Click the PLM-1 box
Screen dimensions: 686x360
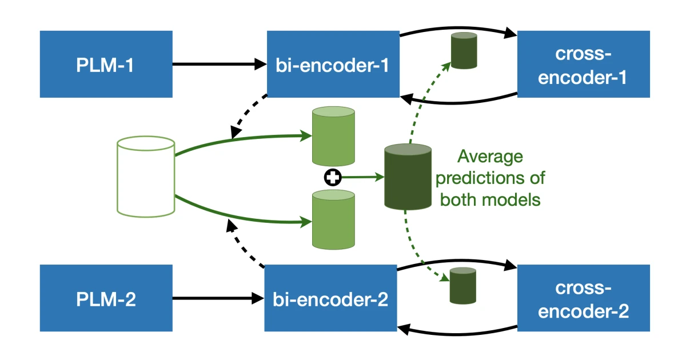tap(106, 64)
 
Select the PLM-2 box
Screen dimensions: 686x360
tap(106, 298)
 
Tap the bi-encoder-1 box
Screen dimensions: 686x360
tap(333, 64)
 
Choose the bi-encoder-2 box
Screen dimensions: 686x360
tap(331, 298)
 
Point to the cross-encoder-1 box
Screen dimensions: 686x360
tap(584, 64)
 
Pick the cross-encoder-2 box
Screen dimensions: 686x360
tap(584, 298)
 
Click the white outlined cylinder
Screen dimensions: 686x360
tap(146, 177)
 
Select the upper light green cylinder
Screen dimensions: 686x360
tap(333, 136)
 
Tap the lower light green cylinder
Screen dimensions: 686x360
tap(333, 219)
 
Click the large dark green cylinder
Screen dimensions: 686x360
tap(408, 177)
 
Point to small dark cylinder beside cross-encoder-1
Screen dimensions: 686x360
tap(464, 50)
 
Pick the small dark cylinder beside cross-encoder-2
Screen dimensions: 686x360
tap(462, 286)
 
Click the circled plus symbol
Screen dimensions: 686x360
tap(333, 177)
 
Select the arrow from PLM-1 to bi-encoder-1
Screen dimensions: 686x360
tap(220, 64)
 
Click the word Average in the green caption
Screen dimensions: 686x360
tap(490, 157)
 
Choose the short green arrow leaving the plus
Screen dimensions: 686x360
tap(363, 177)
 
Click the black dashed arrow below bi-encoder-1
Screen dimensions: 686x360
tap(248, 115)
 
